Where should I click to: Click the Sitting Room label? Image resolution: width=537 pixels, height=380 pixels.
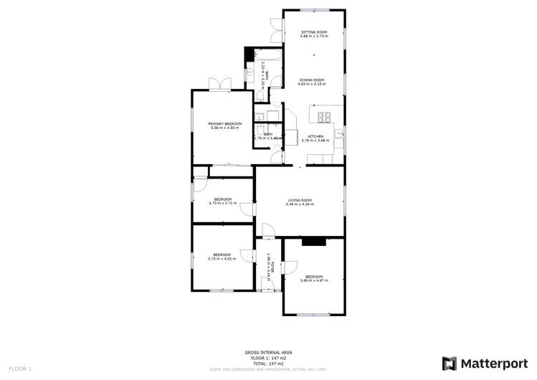tap(313, 34)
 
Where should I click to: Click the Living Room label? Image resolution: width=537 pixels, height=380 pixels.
tap(300, 202)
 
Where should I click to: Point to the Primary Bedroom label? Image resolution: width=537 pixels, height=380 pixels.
tap(225, 125)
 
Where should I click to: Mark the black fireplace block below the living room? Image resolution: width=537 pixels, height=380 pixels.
tap(313, 242)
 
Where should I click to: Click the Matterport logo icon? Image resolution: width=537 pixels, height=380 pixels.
tap(450, 364)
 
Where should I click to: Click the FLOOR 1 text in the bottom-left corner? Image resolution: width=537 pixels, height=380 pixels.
tap(21, 369)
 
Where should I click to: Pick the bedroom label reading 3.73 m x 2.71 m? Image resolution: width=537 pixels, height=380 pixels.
tap(222, 201)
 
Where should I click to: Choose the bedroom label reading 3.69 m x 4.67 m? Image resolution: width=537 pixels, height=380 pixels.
tap(314, 278)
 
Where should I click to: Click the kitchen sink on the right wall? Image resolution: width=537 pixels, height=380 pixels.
tap(340, 137)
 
